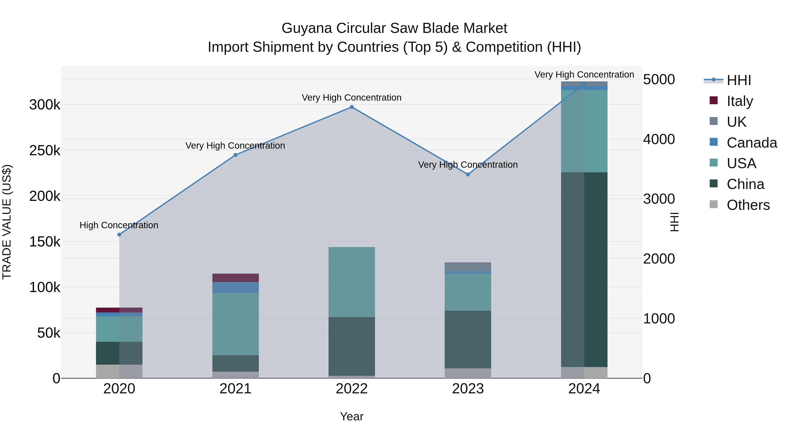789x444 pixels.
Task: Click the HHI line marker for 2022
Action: click(x=352, y=107)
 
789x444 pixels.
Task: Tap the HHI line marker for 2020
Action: click(x=119, y=235)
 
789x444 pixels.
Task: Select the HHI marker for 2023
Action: click(x=468, y=174)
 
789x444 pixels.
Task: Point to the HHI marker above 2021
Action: click(x=235, y=155)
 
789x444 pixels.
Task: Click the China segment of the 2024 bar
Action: click(x=584, y=270)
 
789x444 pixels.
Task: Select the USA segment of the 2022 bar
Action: click(x=352, y=282)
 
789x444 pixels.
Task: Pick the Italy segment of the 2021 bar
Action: click(x=235, y=278)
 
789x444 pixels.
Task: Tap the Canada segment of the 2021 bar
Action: click(x=235, y=287)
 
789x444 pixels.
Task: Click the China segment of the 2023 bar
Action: click(x=468, y=339)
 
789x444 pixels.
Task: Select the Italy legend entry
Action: click(x=739, y=101)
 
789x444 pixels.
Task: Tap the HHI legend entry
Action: click(x=738, y=80)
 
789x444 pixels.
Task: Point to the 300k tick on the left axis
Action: click(x=45, y=105)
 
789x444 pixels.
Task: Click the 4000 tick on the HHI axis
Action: click(x=659, y=139)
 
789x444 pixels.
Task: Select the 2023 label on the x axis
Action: click(x=468, y=389)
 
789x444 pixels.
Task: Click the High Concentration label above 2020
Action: click(x=119, y=225)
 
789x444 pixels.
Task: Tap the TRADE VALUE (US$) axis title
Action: click(x=7, y=222)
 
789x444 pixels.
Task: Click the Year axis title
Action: click(x=352, y=416)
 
